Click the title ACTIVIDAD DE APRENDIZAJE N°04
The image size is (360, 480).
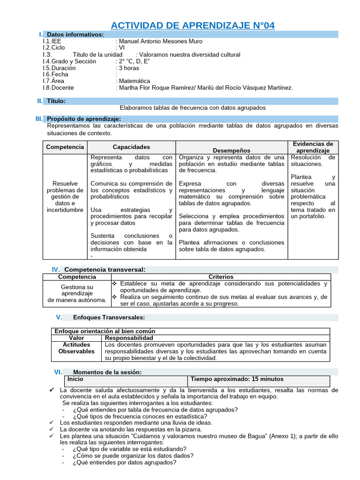[192, 25]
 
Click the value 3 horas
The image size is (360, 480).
[129, 68]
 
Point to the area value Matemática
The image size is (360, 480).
[135, 81]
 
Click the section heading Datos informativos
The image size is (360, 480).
[75, 35]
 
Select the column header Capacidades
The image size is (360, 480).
[131, 147]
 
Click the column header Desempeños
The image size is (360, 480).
[232, 150]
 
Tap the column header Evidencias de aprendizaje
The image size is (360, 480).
[313, 147]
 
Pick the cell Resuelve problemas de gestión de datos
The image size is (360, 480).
[65, 197]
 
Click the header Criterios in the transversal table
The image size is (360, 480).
[221, 277]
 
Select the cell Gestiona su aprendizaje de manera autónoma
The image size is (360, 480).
[77, 293]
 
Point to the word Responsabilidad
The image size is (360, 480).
[129, 338]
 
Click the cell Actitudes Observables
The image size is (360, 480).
[76, 348]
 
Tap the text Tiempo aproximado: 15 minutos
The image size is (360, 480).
[237, 379]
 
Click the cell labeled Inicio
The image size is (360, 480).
[75, 379]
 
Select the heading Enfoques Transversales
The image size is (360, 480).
[103, 318]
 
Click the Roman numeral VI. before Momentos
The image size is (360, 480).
[58, 372]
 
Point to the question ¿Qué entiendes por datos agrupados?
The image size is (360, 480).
[125, 462]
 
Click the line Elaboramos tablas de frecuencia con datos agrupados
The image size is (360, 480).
[192, 108]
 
